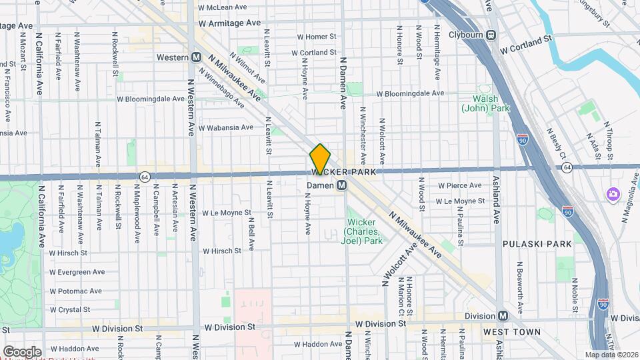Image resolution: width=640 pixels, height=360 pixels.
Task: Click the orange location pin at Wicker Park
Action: pyautogui.click(x=320, y=159)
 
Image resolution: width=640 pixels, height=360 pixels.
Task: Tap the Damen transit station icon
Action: pyautogui.click(x=341, y=185)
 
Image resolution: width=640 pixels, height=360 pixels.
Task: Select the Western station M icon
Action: pyautogui.click(x=197, y=57)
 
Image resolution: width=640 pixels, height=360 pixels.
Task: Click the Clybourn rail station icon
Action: pyautogui.click(x=491, y=35)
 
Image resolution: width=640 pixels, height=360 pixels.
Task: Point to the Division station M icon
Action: pyautogui.click(x=503, y=315)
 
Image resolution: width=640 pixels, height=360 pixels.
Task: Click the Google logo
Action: pyautogui.click(x=22, y=351)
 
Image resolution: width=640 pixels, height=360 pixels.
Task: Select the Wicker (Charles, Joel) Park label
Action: pyautogui.click(x=363, y=231)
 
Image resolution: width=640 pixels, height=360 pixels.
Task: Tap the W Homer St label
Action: pyautogui.click(x=317, y=37)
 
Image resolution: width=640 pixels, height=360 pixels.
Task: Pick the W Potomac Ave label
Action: pyautogui.click(x=75, y=291)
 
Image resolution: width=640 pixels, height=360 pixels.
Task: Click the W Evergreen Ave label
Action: pyautogui.click(x=77, y=272)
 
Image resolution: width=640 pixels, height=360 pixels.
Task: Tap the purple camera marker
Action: pyautogui.click(x=612, y=194)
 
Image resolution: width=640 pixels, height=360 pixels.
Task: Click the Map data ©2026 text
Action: pyautogui.click(x=611, y=354)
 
